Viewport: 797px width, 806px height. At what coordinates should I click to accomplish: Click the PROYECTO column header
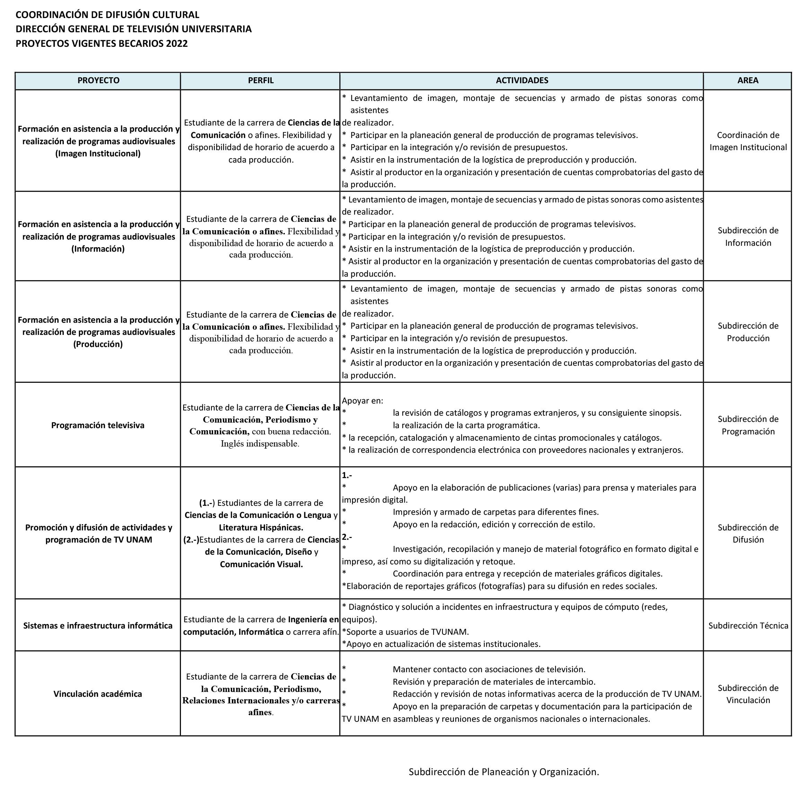click(x=98, y=80)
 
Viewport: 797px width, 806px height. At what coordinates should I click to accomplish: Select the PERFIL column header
click(x=261, y=80)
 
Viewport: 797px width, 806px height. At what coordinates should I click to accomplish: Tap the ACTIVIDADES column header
click(x=522, y=80)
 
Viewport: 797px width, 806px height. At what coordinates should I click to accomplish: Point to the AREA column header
click(x=747, y=80)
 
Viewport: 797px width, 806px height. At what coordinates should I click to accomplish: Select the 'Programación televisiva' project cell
click(x=98, y=425)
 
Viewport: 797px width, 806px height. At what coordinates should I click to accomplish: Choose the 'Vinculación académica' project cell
click(x=98, y=694)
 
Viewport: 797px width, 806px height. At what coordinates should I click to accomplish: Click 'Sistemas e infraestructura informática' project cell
click(x=98, y=625)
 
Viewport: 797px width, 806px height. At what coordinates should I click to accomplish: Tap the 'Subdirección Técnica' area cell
click(x=748, y=625)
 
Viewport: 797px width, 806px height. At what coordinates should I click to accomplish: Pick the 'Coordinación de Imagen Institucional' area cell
click(x=748, y=141)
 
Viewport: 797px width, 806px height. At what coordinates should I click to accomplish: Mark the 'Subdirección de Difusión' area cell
click(x=748, y=533)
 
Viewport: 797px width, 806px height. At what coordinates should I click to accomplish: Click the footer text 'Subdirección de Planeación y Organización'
click(x=503, y=772)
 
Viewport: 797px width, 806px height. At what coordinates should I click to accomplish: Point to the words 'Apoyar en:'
click(x=362, y=400)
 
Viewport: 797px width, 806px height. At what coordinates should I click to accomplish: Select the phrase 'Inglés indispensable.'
click(x=260, y=443)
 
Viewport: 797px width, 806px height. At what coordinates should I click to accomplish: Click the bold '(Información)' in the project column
click(x=98, y=249)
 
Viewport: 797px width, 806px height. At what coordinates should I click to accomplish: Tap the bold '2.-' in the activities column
click(x=347, y=537)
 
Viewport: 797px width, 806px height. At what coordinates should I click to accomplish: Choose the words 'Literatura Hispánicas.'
click(x=261, y=527)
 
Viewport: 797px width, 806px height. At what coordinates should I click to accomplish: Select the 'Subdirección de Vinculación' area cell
click(x=748, y=694)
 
